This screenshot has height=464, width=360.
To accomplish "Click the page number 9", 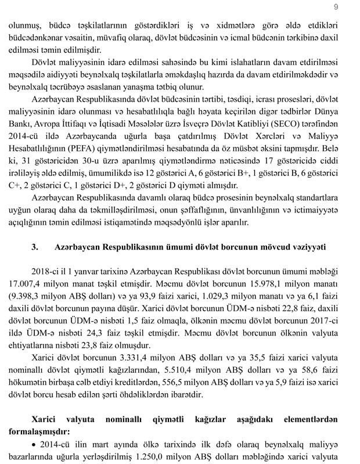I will pyautogui.click(x=336, y=6).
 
